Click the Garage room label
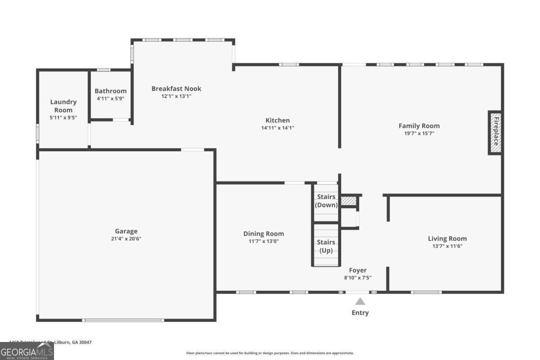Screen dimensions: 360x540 (x=126, y=231)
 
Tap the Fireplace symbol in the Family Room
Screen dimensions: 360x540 (x=495, y=133)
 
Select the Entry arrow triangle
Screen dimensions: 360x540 (x=360, y=301)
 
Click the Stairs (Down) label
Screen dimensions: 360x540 (x=326, y=201)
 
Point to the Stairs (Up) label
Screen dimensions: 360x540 (x=326, y=246)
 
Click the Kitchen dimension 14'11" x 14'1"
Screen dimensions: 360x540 (x=277, y=128)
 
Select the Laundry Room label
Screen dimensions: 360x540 (x=63, y=106)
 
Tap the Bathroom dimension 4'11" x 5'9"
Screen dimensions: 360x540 (x=110, y=99)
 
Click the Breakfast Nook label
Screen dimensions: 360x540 (x=176, y=89)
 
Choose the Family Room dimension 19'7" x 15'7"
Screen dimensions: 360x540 (x=419, y=133)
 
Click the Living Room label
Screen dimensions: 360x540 (x=447, y=238)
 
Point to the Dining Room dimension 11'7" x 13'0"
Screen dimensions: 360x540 (x=263, y=241)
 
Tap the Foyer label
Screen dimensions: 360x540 (x=358, y=270)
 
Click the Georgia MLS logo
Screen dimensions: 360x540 (x=27, y=351)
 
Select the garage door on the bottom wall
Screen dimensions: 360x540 (x=123, y=320)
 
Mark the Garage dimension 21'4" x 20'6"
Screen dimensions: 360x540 (x=126, y=238)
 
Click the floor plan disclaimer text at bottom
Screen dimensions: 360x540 (x=270, y=353)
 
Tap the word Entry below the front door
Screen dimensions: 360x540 (x=360, y=313)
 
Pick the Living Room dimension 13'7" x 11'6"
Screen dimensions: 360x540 (x=447, y=246)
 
